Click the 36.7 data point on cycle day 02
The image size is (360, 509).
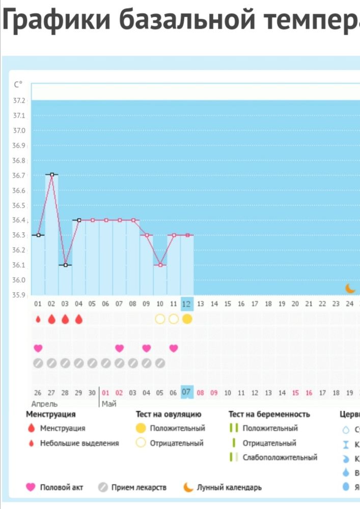click(x=51, y=175)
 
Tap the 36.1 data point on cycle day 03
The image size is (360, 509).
click(x=65, y=265)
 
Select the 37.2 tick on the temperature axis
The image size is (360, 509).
click(x=18, y=101)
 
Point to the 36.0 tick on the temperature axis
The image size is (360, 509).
click(x=18, y=280)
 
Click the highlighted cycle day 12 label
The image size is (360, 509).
click(x=187, y=303)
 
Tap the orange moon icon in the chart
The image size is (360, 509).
click(x=350, y=288)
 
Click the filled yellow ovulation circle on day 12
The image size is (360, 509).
click(x=187, y=319)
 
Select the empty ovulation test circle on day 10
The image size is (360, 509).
click(x=160, y=319)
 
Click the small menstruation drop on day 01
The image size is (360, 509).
click(x=38, y=319)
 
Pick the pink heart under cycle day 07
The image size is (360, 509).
click(x=119, y=348)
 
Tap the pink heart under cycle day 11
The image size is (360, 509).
click(x=174, y=348)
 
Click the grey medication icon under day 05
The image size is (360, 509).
click(x=92, y=363)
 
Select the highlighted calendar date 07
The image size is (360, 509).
click(x=186, y=392)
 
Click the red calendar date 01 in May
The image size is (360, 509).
click(x=105, y=393)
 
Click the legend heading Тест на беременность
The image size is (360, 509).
click(x=269, y=414)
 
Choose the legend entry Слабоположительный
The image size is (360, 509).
click(x=280, y=457)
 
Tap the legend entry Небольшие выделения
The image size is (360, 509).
click(x=79, y=443)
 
